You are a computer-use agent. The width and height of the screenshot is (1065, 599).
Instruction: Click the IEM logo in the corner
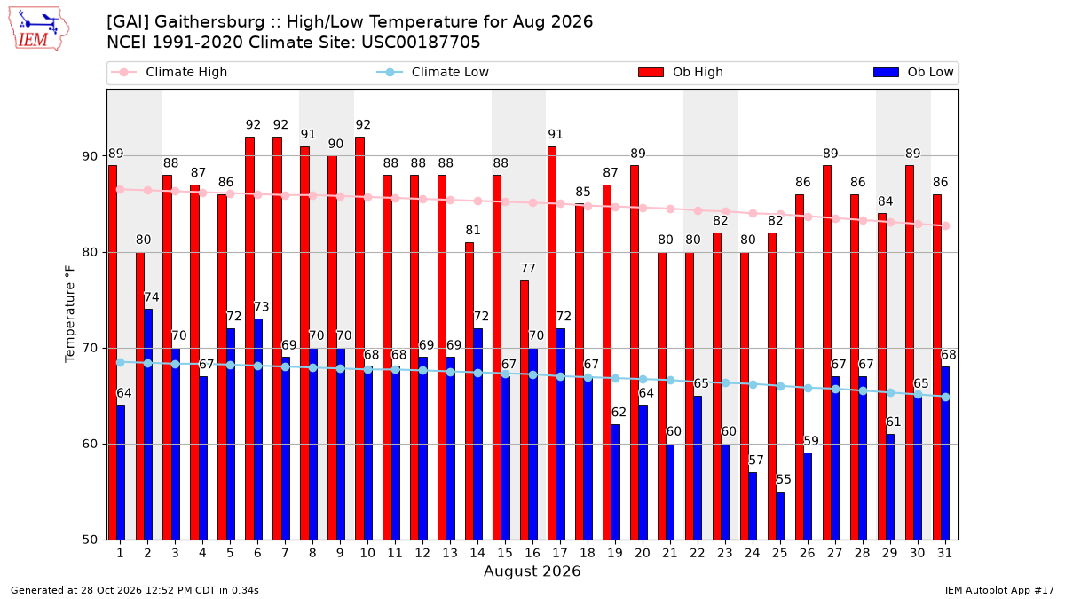point(39,29)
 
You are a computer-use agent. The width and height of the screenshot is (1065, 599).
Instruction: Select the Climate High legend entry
point(169,72)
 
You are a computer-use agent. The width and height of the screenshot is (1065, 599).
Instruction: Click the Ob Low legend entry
point(913,72)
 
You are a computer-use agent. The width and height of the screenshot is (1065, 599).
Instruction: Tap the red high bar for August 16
point(525,410)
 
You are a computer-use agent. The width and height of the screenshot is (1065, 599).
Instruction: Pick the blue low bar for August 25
point(780,516)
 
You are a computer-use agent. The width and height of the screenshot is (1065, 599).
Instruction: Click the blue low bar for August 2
point(148,424)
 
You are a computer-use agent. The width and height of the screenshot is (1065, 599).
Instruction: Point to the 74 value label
point(151,297)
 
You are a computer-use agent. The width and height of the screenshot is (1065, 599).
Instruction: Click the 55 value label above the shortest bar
point(783,480)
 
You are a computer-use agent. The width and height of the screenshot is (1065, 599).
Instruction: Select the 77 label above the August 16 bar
point(528,269)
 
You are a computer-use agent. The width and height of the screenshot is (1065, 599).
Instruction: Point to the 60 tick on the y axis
point(91,444)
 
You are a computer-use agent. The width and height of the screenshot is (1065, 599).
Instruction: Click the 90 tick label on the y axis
point(91,156)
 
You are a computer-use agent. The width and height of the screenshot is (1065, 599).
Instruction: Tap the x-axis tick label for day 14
point(477,554)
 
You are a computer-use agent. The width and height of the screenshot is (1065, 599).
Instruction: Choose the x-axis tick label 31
point(944,554)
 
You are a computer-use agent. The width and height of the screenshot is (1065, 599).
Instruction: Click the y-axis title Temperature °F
point(70,314)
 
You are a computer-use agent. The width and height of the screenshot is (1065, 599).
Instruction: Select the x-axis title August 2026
point(532,571)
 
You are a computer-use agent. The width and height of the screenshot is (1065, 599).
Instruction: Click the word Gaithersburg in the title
point(209,22)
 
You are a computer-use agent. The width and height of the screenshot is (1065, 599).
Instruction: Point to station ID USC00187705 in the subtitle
point(421,43)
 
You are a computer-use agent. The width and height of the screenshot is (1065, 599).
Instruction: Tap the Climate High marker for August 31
point(946,225)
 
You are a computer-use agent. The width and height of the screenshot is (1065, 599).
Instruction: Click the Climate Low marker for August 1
point(121,362)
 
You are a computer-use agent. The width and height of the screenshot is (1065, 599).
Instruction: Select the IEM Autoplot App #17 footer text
point(999,590)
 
